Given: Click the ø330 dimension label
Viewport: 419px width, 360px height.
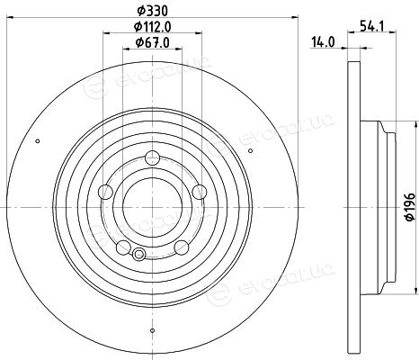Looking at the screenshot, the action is (152, 12).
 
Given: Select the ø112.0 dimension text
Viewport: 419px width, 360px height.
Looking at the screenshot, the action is (152, 27).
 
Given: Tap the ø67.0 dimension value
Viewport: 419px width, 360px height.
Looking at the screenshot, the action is (152, 42).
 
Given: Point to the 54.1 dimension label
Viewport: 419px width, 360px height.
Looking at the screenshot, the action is (371, 26).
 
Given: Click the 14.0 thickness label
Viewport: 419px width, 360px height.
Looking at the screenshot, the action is (323, 42).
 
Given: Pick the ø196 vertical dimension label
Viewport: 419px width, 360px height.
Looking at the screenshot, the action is (411, 207).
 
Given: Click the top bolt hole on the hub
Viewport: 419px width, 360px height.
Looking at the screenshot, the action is (152, 157).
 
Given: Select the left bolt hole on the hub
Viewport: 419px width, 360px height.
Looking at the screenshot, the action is (105, 192).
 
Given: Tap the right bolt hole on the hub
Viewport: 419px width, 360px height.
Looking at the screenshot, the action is (200, 192).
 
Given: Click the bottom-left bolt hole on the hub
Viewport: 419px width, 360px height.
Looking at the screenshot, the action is (123, 247).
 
